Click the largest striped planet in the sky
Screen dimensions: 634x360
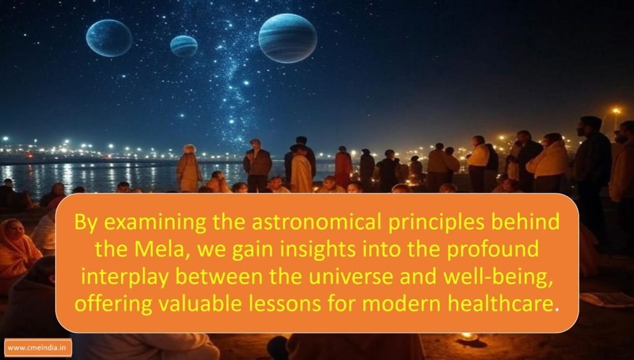tap(288, 38)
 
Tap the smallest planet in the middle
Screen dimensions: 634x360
tap(183, 46)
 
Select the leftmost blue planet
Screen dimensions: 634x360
tap(109, 38)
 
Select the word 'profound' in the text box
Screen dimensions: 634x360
tap(492, 250)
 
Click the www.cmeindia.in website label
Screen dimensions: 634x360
tap(38, 348)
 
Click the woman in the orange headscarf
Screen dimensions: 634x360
tap(16, 251)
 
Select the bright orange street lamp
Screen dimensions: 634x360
tap(616, 110)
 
